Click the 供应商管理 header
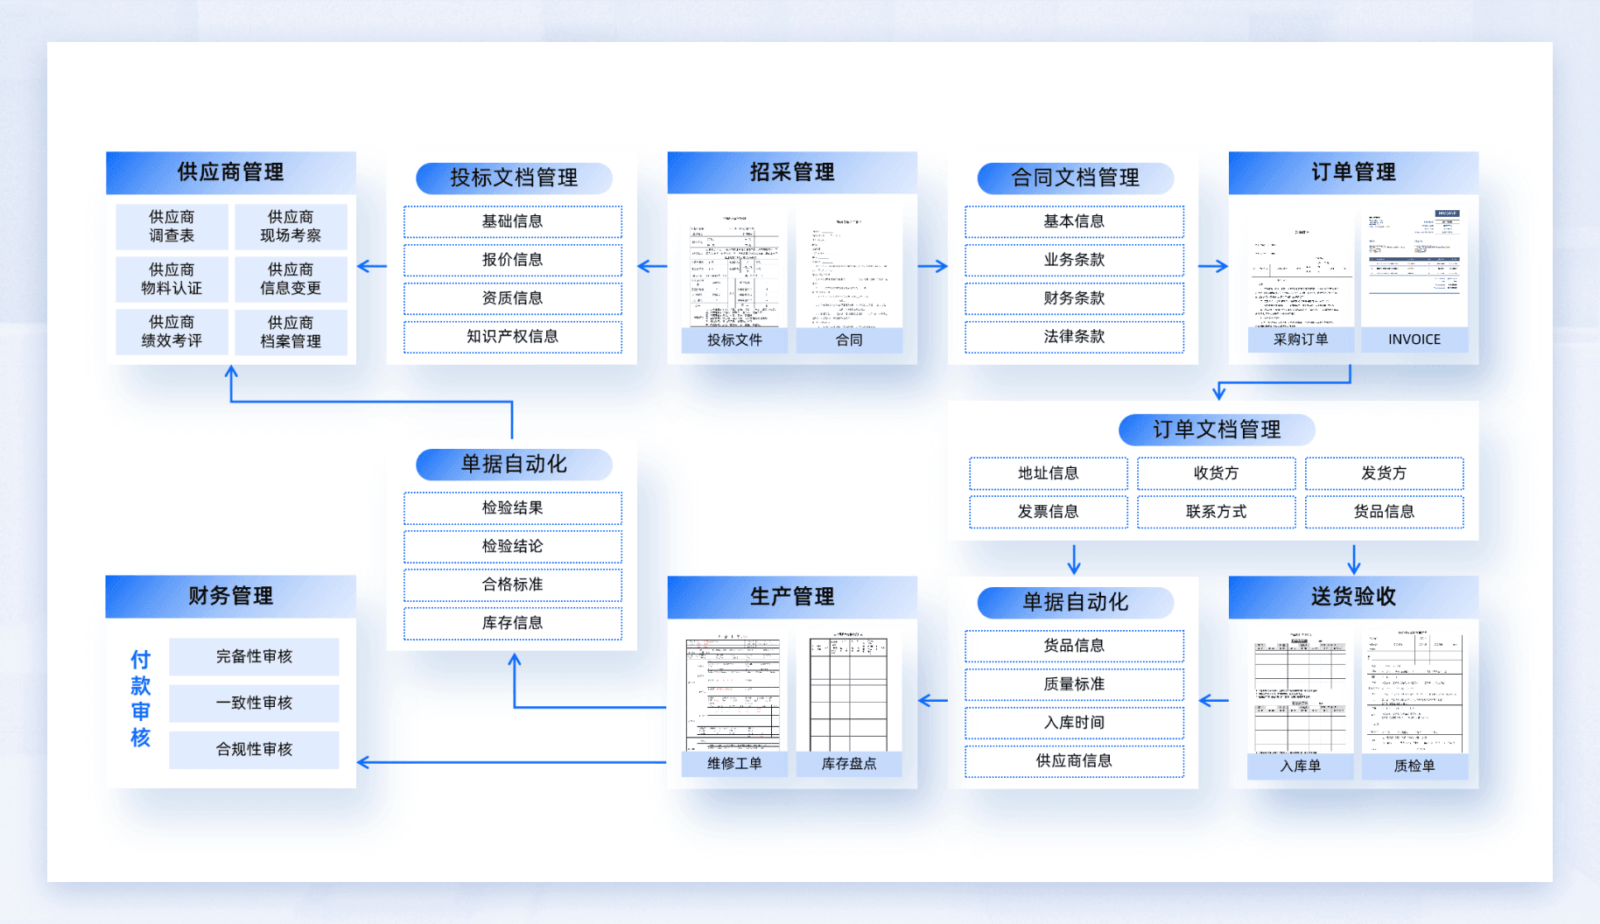230,172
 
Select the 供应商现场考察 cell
291,226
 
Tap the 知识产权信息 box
512,337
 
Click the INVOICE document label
1414,339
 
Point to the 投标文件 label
734,339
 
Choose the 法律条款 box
1074,337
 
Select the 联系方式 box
1216,512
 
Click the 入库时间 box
1074,723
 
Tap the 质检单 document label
1414,766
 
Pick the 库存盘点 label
848,764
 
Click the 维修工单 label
734,764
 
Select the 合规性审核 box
254,749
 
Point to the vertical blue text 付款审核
140,698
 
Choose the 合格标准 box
512,584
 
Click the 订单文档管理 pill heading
1216,430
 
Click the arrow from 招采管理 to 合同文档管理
933,266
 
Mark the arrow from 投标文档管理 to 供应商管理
372,266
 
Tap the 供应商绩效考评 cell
172,332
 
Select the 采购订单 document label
1300,339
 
